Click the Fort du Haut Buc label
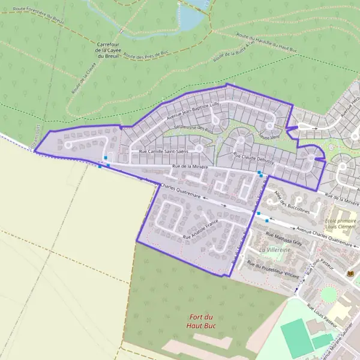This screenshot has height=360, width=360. pyautogui.click(x=202, y=321)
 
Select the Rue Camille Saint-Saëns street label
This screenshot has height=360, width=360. pyautogui.click(x=159, y=152)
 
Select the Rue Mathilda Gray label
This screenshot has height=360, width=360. pyautogui.click(x=283, y=239)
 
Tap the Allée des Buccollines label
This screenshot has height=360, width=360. pyautogui.click(x=291, y=204)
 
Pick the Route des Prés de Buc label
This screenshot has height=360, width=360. pyautogui.click(x=145, y=56)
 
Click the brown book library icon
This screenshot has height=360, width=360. pyautogui.click(x=350, y=274)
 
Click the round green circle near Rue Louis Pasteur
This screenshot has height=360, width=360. pyautogui.click(x=329, y=294)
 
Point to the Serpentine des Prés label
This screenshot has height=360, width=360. pyautogui.click(x=193, y=128)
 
